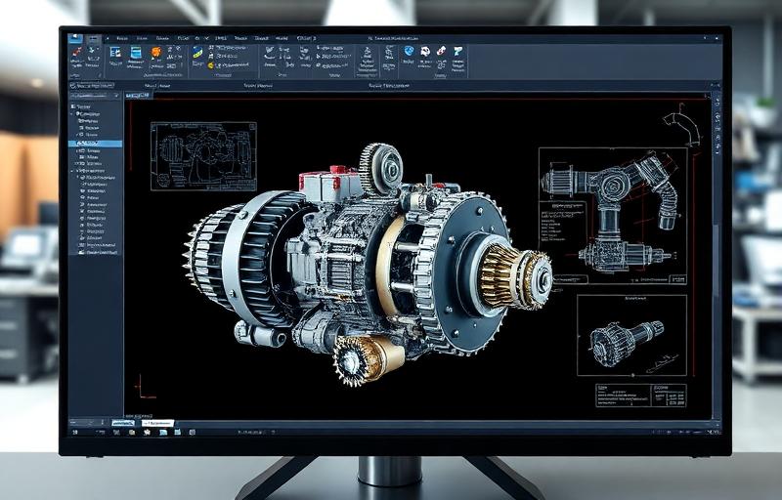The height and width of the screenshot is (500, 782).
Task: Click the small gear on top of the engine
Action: pos(381,167)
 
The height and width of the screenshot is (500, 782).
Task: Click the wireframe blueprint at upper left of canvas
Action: pos(203,156)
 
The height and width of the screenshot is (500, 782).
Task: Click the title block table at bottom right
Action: pos(640,395)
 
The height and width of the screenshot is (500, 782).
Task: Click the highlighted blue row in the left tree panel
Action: pos(96,144)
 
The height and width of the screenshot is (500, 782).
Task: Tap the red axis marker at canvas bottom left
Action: pos(142,388)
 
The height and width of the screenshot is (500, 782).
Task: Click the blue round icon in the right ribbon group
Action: pos(409,51)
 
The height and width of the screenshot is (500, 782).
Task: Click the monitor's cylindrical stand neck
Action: pos(388,471)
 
